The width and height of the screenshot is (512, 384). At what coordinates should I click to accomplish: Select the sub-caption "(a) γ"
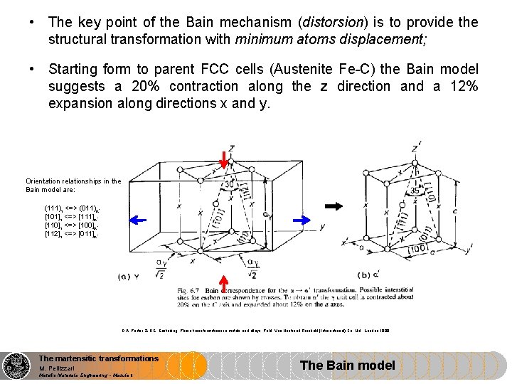point(131,275)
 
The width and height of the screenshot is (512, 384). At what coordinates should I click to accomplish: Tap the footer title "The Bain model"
point(348,366)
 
